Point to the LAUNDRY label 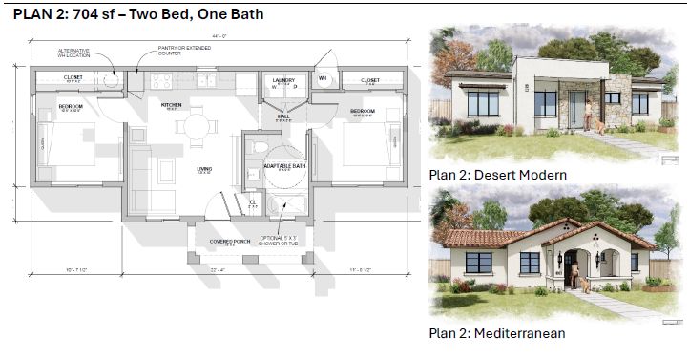click(x=282, y=81)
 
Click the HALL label click(x=283, y=116)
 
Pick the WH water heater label click(x=323, y=78)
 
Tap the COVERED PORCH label click(x=230, y=241)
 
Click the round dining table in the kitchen click(x=197, y=124)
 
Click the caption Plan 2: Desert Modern click(x=497, y=175)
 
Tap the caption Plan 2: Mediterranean click(x=496, y=333)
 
